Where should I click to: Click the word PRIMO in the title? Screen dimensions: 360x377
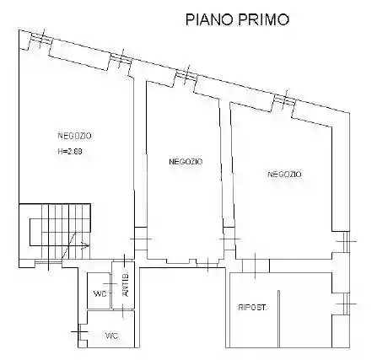pos(266,18)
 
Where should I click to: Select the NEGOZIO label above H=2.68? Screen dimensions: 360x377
pos(75,136)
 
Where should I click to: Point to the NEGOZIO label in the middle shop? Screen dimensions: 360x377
pos(185,161)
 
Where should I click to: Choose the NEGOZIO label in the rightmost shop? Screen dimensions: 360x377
pos(284,174)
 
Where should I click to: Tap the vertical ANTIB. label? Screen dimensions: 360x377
pos(125,287)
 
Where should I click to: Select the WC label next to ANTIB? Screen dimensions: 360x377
pos(100,294)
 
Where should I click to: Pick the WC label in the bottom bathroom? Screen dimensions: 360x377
pos(111,335)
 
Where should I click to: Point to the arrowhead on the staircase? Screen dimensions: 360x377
pos(87,245)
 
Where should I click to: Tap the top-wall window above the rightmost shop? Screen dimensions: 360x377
pos(283,101)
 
